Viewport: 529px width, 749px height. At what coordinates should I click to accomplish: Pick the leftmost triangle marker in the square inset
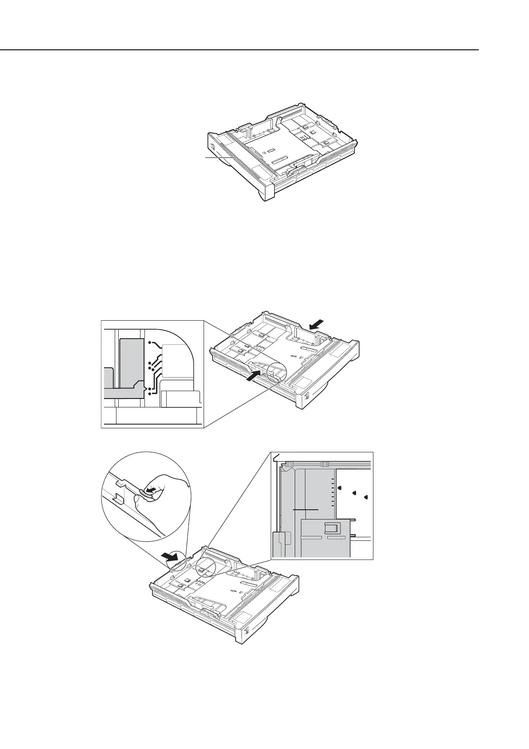pos(339,487)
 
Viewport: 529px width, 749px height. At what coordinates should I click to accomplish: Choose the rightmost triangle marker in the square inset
pos(366,496)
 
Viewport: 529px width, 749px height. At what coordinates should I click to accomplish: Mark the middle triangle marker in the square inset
pos(354,493)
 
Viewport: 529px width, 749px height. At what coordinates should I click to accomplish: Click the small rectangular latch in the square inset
pos(332,528)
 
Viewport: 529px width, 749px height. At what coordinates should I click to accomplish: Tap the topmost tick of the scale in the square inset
pos(332,481)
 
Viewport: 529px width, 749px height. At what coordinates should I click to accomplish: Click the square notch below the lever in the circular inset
pos(119,497)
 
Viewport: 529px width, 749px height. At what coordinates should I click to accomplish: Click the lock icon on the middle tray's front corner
pos(306,395)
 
